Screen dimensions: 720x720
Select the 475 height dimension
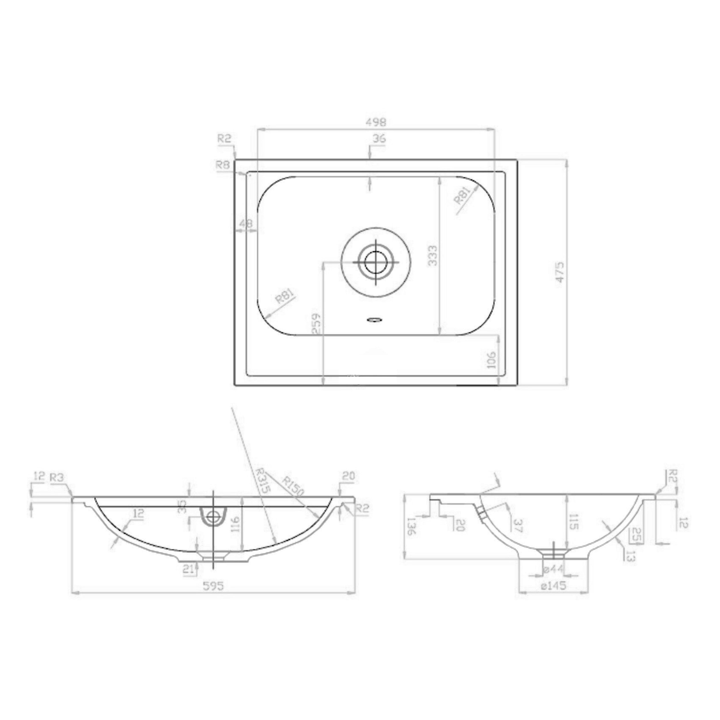click(560, 272)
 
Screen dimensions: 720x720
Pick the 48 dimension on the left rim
click(246, 223)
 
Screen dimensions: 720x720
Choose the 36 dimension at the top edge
click(379, 139)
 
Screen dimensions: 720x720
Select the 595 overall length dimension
click(213, 586)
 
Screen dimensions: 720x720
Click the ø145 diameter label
click(554, 586)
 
